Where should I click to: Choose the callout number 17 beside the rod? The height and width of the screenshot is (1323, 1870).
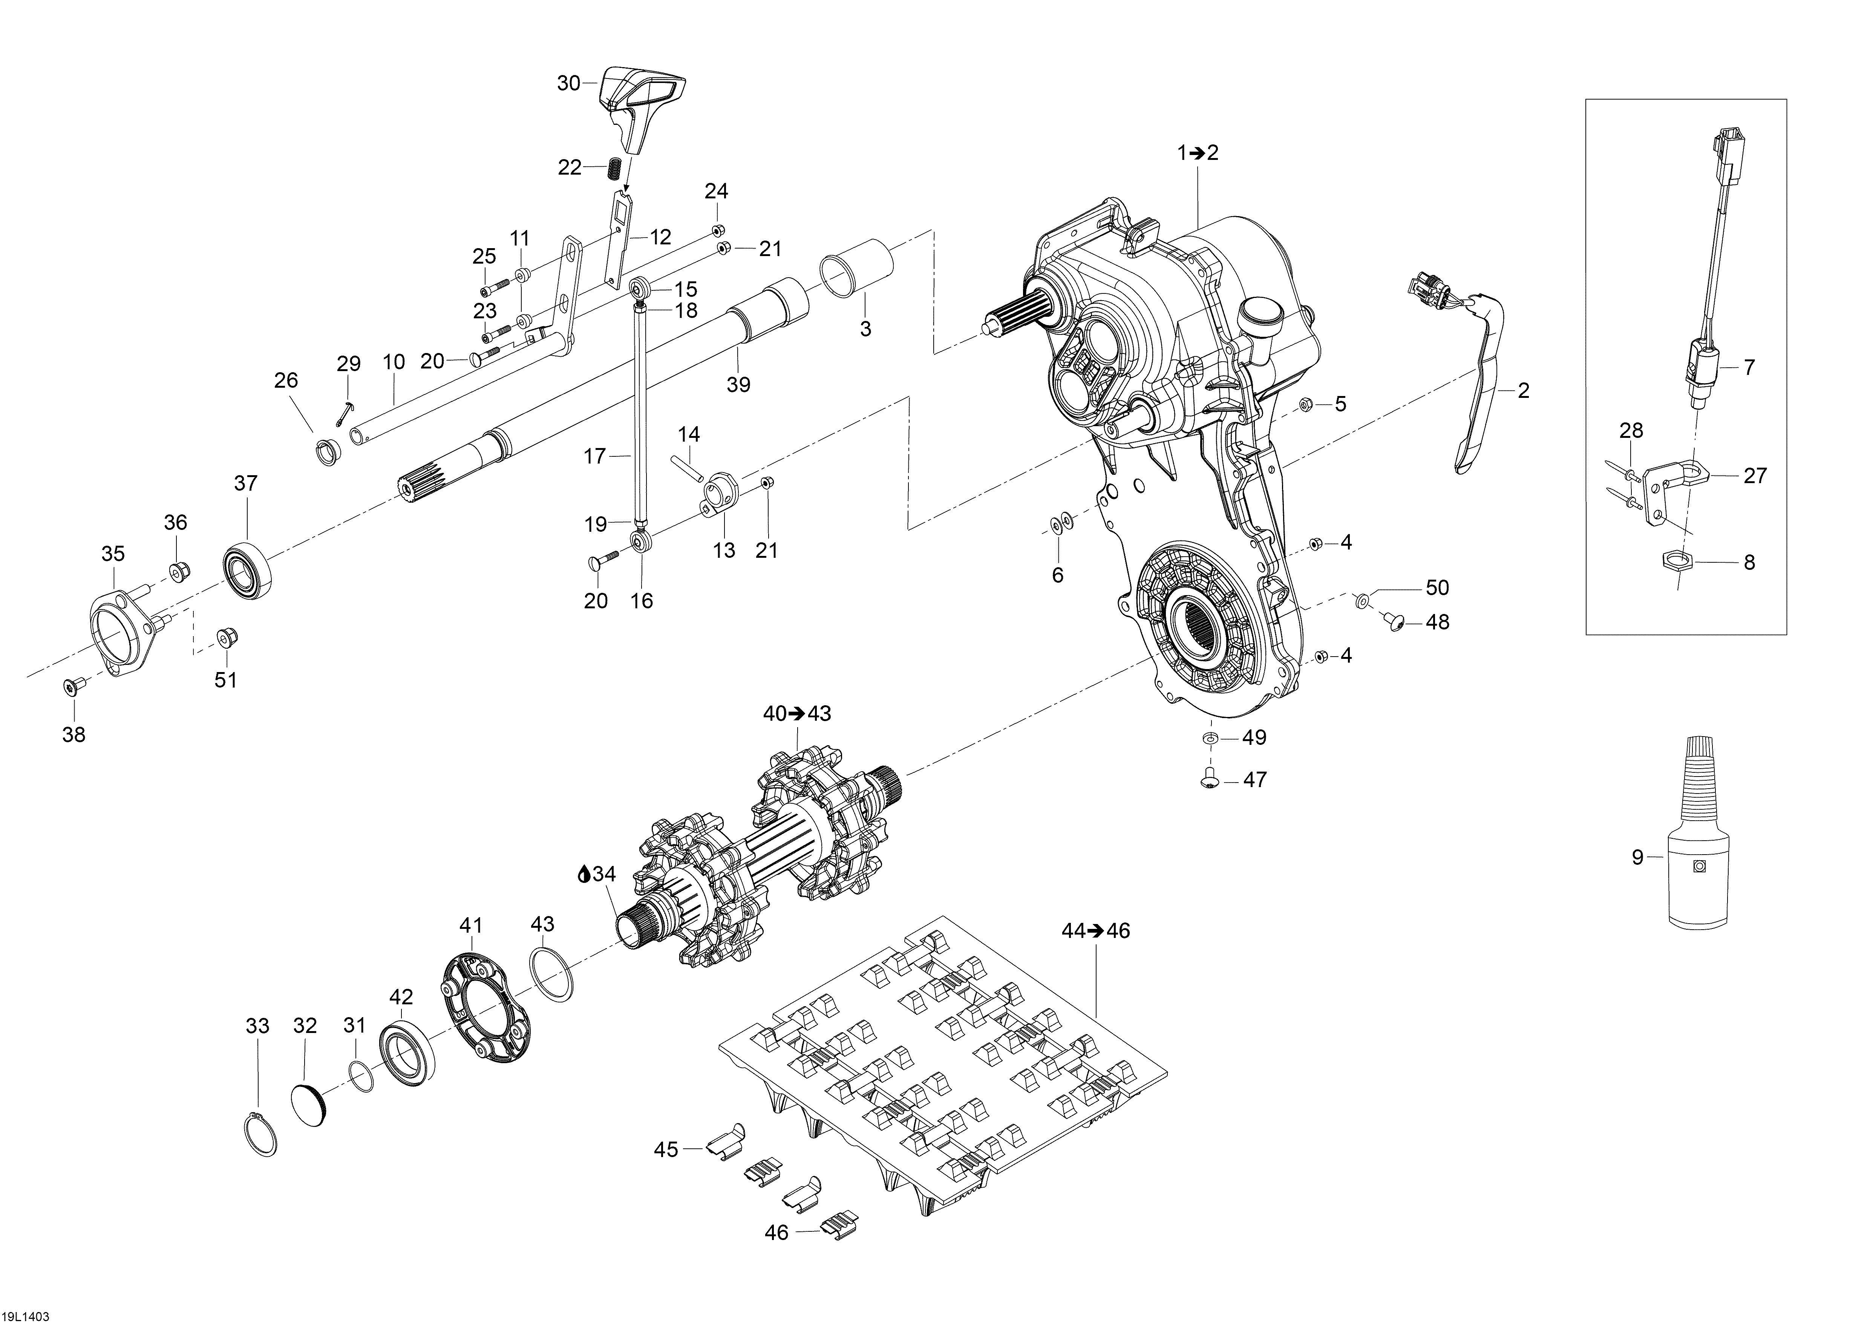(x=595, y=456)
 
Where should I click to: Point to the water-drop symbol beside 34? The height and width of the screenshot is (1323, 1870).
(x=583, y=874)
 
